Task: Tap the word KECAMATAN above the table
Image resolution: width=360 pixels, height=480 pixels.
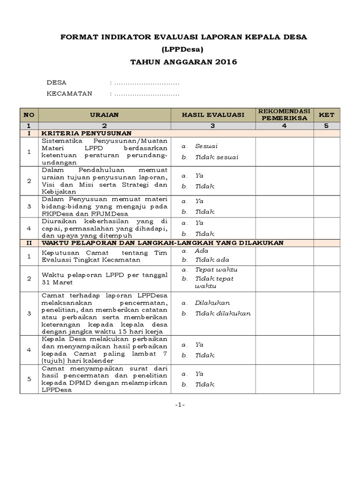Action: click(69, 93)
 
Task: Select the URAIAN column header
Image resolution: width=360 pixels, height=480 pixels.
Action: click(104, 115)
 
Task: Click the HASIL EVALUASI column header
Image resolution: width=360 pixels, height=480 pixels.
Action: click(213, 115)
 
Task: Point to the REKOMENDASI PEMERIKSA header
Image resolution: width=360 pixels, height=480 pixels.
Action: click(284, 115)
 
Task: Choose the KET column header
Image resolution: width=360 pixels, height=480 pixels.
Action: click(326, 115)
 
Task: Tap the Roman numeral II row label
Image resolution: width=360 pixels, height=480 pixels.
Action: click(29, 242)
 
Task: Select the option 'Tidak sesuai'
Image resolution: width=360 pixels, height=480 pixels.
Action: click(217, 157)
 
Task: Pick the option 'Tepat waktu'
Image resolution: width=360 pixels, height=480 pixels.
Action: click(216, 270)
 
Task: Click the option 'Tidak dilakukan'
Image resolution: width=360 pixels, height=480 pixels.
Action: click(223, 314)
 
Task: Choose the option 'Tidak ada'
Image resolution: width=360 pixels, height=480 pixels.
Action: click(212, 260)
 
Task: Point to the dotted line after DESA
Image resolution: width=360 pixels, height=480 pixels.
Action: click(147, 83)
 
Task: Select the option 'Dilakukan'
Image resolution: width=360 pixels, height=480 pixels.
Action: click(212, 303)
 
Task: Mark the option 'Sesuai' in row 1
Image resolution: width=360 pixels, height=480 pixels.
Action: click(206, 146)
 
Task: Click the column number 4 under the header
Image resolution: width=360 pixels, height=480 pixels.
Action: click(284, 126)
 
